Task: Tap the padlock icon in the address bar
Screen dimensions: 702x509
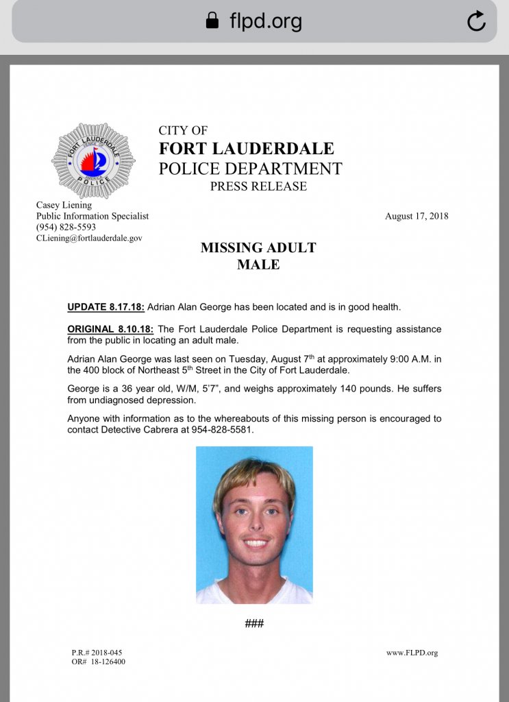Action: [x=212, y=21]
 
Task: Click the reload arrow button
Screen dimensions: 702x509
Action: [x=476, y=21]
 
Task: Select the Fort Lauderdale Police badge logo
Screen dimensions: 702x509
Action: [x=93, y=161]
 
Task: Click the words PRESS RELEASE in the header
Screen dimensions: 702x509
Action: [x=258, y=186]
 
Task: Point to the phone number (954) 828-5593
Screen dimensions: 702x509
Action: [x=66, y=227]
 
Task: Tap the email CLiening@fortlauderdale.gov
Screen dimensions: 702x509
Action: [x=89, y=238]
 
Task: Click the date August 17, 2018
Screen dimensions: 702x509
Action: [x=417, y=216]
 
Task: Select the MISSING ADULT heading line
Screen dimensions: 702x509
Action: [x=258, y=247]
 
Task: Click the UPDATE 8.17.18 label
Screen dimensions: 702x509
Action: [x=105, y=306]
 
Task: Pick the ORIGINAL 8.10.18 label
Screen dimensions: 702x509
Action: [x=110, y=329]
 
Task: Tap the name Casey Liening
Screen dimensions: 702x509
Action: [x=64, y=205]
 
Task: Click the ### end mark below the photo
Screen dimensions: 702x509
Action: [x=254, y=623]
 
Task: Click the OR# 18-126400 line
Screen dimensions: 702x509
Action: [x=98, y=662]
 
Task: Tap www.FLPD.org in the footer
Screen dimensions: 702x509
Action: [x=412, y=653]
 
